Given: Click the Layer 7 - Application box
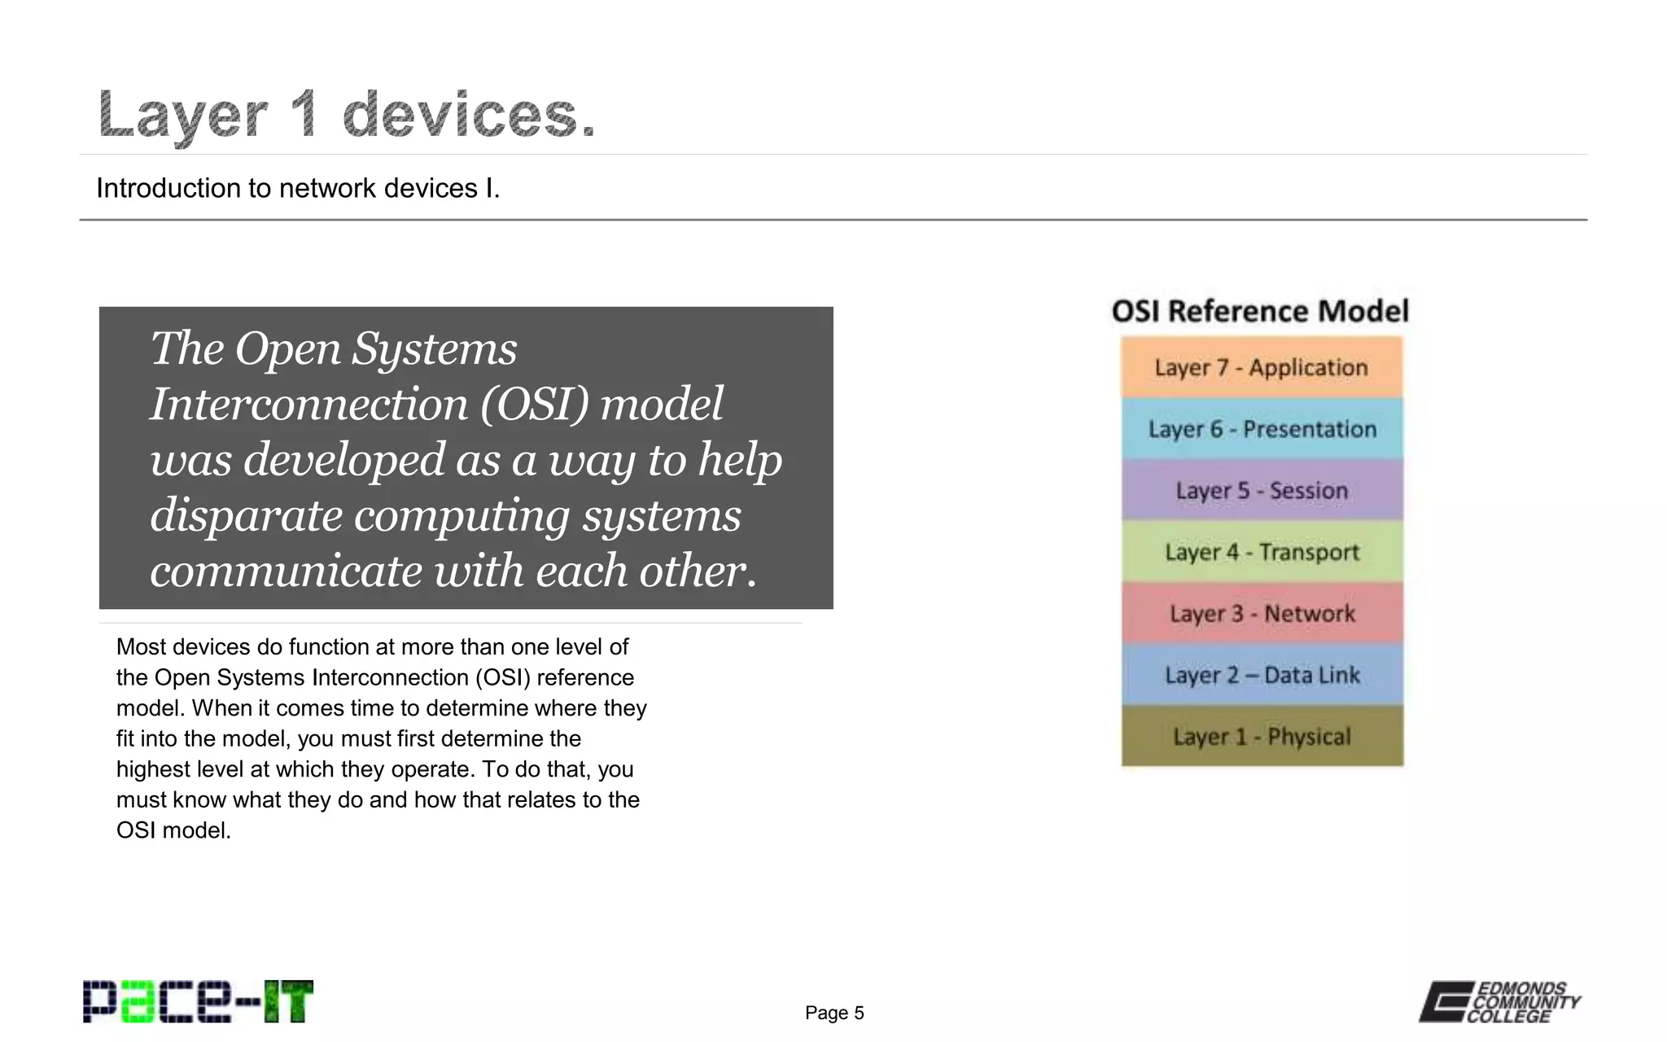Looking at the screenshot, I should [x=1262, y=367].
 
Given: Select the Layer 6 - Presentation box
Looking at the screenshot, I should [x=1262, y=429].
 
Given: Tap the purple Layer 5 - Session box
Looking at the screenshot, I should [x=1262, y=490].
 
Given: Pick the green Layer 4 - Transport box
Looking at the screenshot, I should [x=1262, y=552].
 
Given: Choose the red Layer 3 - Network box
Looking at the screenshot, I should [x=1262, y=613].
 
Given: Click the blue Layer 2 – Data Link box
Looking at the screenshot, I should [x=1262, y=675].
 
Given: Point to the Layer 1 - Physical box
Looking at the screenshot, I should [x=1262, y=736].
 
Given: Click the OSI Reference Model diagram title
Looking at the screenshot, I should [x=1260, y=311].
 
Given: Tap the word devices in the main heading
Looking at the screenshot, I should [x=469, y=115].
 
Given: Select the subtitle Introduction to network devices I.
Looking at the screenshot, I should [x=298, y=188].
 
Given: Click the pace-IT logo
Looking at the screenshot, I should [x=198, y=1002].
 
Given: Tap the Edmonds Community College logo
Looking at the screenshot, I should [x=1499, y=1002].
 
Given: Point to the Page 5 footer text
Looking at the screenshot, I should [x=834, y=1013].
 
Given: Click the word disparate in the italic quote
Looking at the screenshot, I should [x=246, y=515].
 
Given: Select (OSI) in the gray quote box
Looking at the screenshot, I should [x=533, y=405].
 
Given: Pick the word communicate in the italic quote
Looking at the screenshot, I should [x=285, y=571].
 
